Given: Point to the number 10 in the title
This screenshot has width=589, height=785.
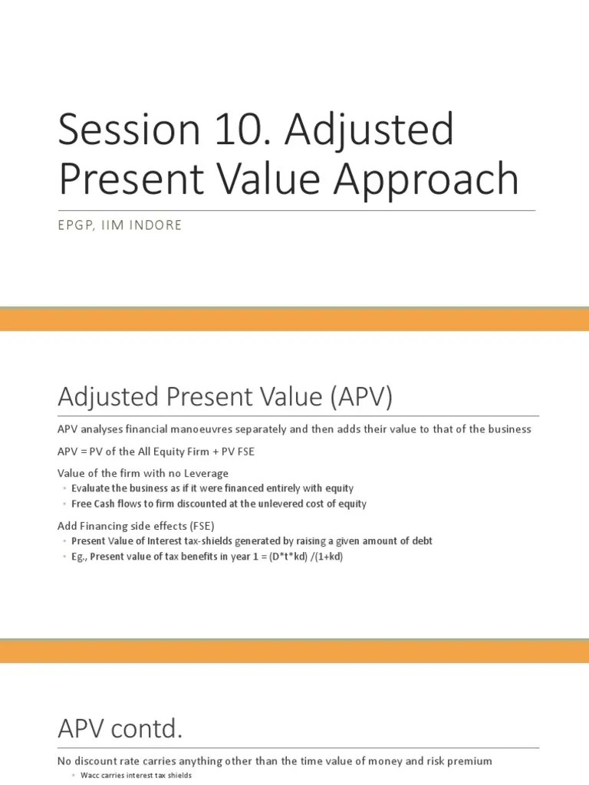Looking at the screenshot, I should click(x=214, y=131).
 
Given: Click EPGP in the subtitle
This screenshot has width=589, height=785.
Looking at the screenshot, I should click(x=77, y=226).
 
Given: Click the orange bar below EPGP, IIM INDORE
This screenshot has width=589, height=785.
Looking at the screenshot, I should click(x=294, y=320).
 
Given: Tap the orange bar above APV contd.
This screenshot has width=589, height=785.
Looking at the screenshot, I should click(x=294, y=652).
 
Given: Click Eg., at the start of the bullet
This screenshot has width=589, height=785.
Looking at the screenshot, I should click(x=80, y=557).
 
